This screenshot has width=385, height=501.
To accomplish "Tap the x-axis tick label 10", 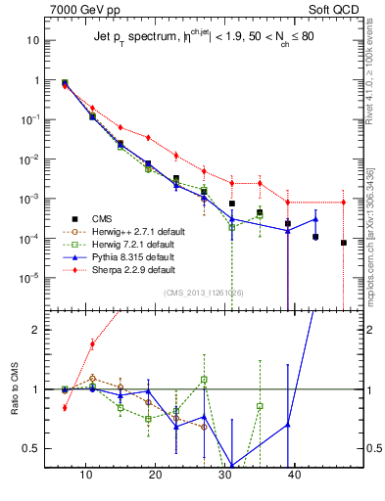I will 86,474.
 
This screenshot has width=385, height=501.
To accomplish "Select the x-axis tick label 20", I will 156,474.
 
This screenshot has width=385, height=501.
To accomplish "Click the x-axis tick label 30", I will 225,474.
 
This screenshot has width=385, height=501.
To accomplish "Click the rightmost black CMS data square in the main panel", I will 344,243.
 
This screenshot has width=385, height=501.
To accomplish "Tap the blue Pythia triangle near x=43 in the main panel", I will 315,218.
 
